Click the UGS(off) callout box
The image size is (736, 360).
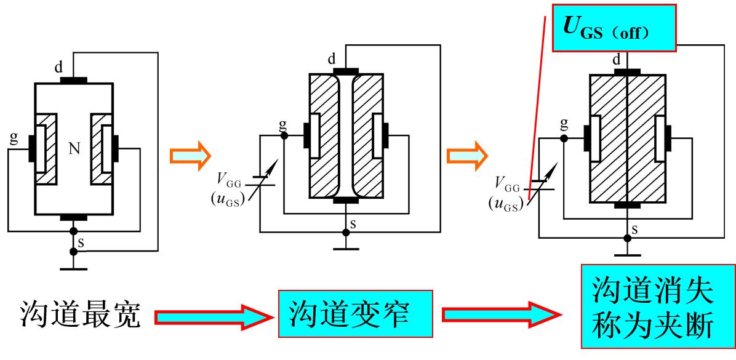coord(614,28)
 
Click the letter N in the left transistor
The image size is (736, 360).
coord(74,148)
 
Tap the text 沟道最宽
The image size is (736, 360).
coord(79,315)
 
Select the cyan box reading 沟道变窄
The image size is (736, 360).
coord(356,314)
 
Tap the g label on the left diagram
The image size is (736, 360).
coord(13,137)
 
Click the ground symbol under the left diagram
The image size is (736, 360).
coord(73,268)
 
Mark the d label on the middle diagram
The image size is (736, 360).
coord(332,59)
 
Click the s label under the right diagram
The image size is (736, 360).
coord(634,230)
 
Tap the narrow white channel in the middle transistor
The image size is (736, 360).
coord(346,135)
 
